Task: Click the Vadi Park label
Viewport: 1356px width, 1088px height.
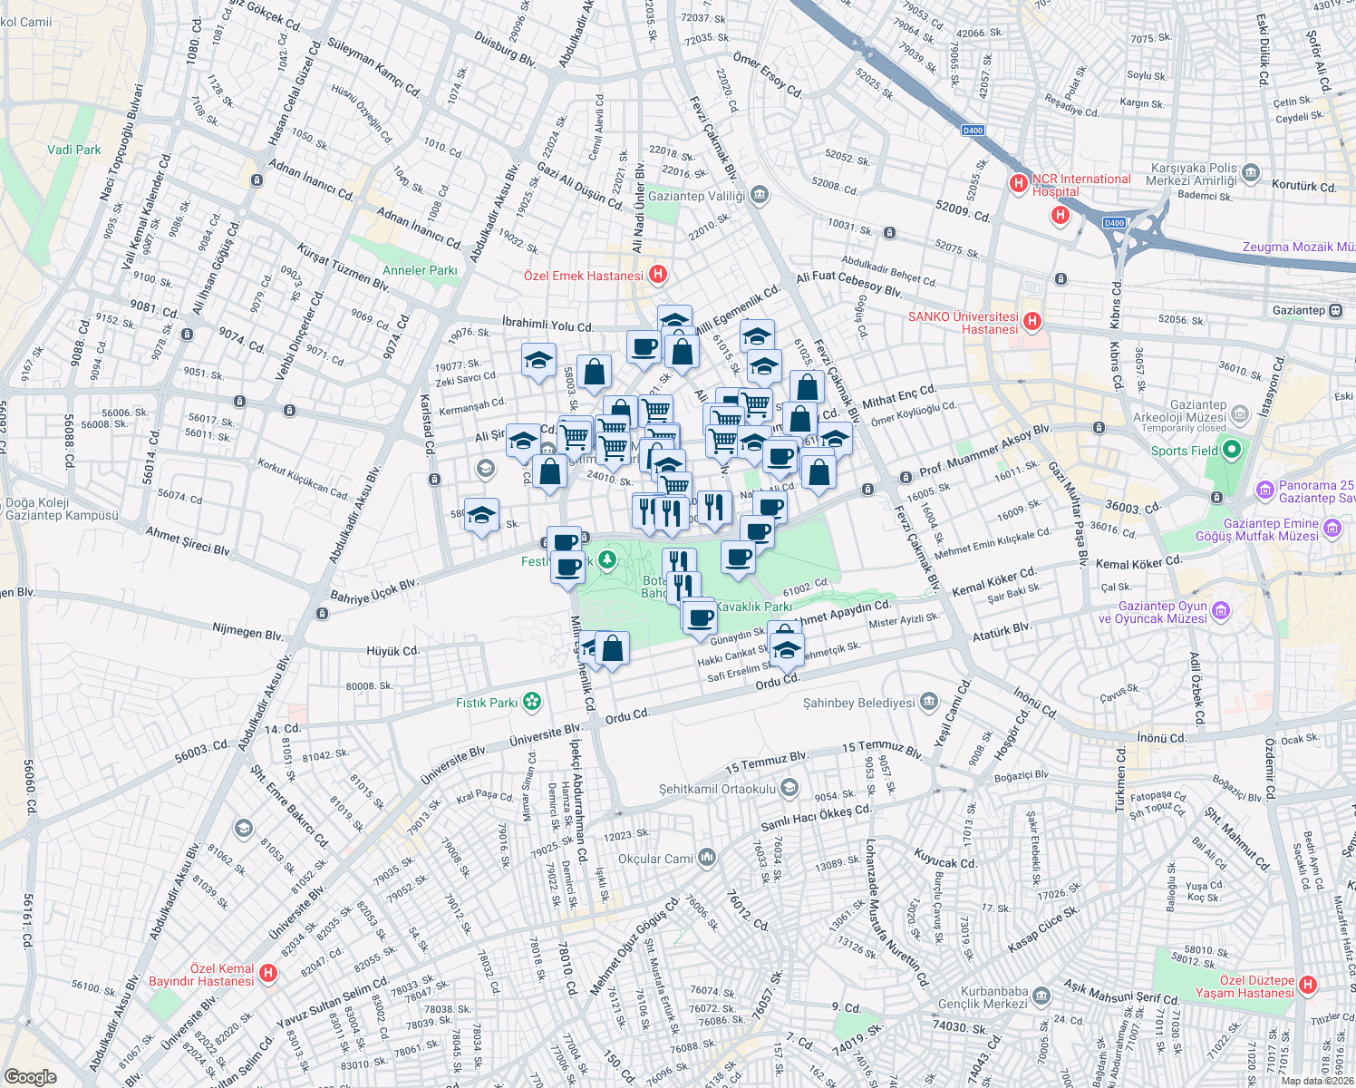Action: pos(74,150)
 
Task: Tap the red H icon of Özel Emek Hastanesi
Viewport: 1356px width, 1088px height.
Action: pos(659,275)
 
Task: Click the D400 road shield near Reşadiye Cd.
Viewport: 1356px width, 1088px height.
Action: pos(973,131)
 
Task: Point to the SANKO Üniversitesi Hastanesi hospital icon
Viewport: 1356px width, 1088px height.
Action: pos(1032,321)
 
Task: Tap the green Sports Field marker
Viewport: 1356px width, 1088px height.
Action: pos(1231,450)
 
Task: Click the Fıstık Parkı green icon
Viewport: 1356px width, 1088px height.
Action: pos(532,701)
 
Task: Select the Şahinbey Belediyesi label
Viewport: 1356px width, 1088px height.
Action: pos(859,703)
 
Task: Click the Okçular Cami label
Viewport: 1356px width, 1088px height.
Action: pos(655,859)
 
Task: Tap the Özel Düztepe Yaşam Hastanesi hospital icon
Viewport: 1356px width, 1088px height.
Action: pos(1308,985)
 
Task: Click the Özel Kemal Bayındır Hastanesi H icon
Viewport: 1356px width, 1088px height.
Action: pos(267,973)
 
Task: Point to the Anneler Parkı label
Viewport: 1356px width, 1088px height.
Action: pos(420,270)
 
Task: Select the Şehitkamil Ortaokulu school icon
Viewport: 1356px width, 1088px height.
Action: pos(789,787)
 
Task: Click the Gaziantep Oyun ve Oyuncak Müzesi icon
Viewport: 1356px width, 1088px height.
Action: pos(1221,611)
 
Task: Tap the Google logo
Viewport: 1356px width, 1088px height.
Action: pos(31,1076)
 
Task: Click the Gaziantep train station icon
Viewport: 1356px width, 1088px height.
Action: pos(1335,310)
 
